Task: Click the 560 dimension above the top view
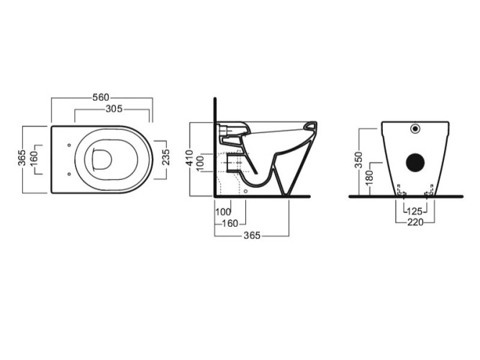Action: coord(101,97)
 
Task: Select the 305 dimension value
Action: coord(114,109)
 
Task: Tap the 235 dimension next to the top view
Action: coord(166,157)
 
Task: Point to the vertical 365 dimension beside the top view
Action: coord(22,158)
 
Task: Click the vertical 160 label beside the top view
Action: coord(33,159)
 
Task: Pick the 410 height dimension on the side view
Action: coord(190,158)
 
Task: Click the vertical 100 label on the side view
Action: coord(199,163)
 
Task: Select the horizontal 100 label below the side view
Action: coord(223,212)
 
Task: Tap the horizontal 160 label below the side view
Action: coord(230,224)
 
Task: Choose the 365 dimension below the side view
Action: coord(252,235)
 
